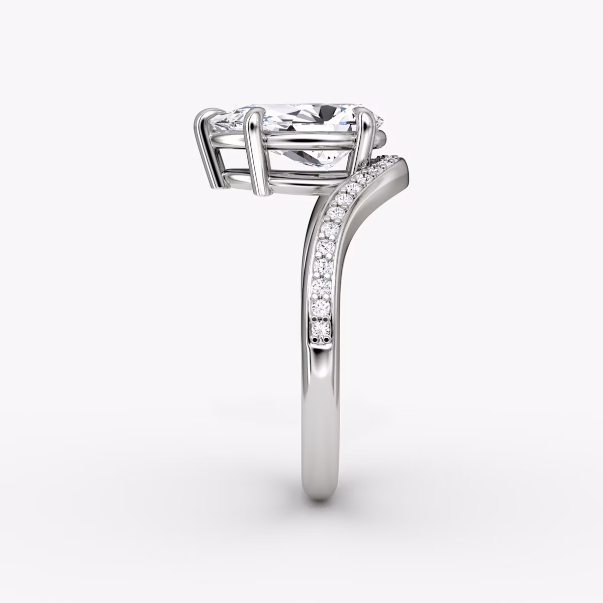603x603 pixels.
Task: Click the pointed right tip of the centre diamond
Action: (x=381, y=121)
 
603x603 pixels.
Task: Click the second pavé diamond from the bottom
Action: (x=321, y=308)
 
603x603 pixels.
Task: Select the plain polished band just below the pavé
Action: (x=322, y=367)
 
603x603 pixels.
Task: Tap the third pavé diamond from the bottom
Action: (x=321, y=286)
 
